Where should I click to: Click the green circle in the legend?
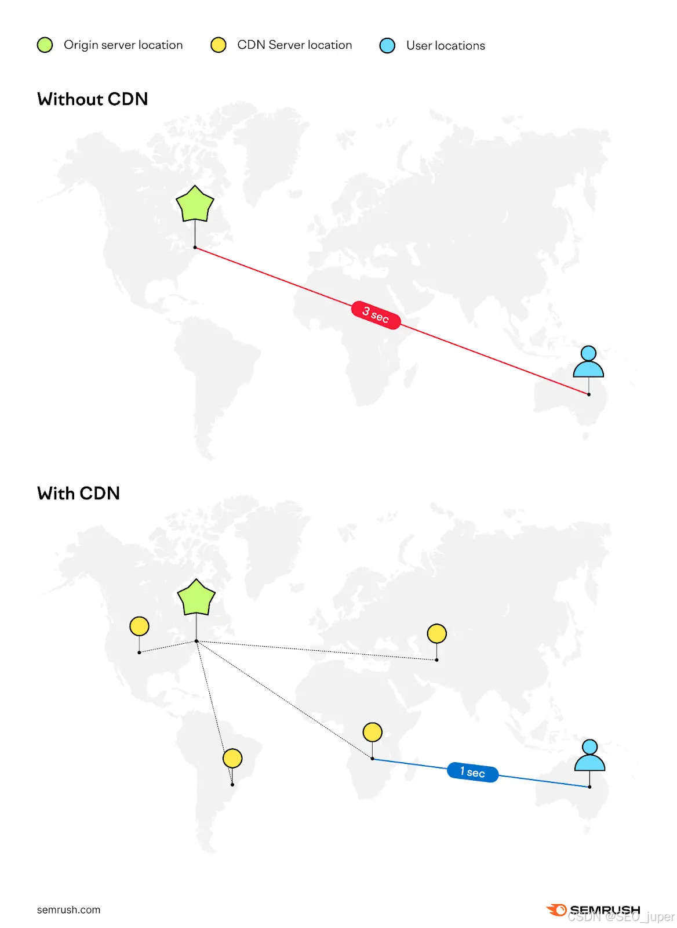click(x=45, y=45)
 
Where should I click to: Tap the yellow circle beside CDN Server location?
click(x=219, y=45)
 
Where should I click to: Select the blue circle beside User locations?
click(x=387, y=46)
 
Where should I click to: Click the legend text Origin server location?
click(x=123, y=45)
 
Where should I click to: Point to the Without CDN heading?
click(x=93, y=99)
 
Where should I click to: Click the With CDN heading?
click(x=79, y=494)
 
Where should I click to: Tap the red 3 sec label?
click(x=376, y=315)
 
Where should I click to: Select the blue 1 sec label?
click(x=472, y=772)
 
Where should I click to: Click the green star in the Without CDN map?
click(x=195, y=205)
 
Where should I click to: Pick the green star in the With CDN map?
click(x=196, y=598)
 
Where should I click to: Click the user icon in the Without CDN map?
click(x=588, y=362)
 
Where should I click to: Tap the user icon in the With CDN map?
click(x=589, y=756)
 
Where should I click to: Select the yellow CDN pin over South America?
click(x=232, y=758)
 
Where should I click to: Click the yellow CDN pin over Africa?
click(x=372, y=732)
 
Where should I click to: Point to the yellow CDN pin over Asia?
click(x=436, y=633)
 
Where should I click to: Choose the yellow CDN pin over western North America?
click(x=139, y=626)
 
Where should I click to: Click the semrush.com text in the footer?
click(x=68, y=910)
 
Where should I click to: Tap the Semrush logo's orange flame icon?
click(x=556, y=910)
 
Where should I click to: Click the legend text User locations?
click(x=445, y=46)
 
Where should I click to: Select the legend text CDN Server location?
click(x=294, y=45)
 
